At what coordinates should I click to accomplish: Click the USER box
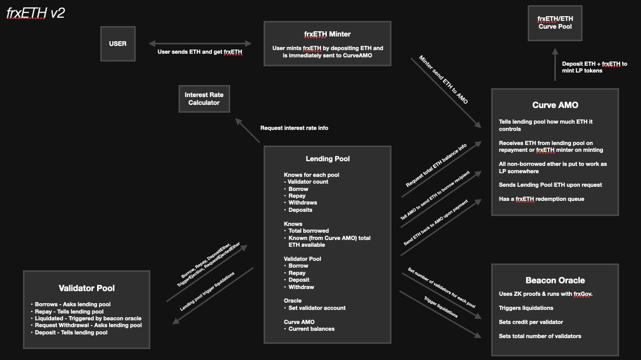(117, 44)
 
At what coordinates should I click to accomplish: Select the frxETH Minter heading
(327, 34)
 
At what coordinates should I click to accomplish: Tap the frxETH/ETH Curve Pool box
(555, 22)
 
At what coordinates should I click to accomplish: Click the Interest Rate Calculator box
(204, 99)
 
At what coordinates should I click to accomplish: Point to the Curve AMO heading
(555, 105)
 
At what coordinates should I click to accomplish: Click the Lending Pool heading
(327, 159)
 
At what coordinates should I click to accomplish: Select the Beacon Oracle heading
(555, 280)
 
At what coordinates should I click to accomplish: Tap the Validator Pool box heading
(87, 288)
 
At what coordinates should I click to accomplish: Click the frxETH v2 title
(35, 14)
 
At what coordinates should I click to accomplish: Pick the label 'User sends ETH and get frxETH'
(200, 52)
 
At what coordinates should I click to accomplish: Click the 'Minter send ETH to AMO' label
(444, 79)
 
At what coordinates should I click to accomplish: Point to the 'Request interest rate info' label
(294, 128)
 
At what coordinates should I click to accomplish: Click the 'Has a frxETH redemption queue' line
(542, 199)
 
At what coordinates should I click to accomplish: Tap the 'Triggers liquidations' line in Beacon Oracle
(526, 308)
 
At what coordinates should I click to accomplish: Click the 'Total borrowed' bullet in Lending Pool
(308, 231)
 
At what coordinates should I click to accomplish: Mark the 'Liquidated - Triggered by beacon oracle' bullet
(88, 318)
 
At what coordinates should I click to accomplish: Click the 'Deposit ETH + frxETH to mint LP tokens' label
(595, 67)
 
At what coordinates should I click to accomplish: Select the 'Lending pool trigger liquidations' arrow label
(207, 292)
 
